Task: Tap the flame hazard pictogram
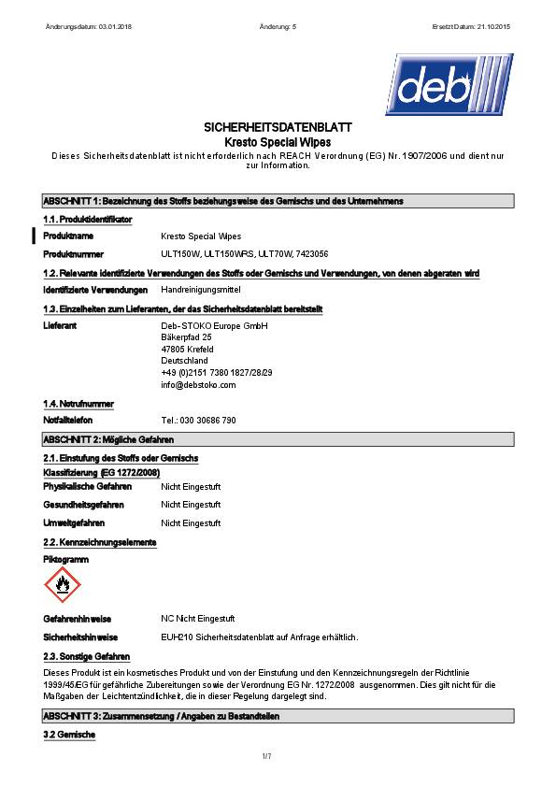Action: [x=63, y=584]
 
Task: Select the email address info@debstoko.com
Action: [x=198, y=384]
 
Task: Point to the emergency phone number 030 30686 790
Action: [x=198, y=421]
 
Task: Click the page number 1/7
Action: [x=266, y=754]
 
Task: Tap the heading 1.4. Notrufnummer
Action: [x=78, y=404]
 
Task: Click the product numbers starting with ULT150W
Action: [x=245, y=254]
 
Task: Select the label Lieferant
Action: [x=60, y=325]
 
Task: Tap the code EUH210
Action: [x=174, y=637]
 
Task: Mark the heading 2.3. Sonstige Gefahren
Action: [x=86, y=656]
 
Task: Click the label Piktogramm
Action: [x=64, y=558]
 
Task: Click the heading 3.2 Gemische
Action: [x=69, y=735]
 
